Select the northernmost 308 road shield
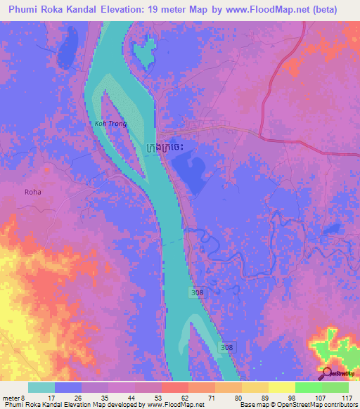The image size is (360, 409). click(x=198, y=291)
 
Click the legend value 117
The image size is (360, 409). click(x=347, y=397)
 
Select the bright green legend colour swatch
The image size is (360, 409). click(x=309, y=387)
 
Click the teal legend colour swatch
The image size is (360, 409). click(x=41, y=387)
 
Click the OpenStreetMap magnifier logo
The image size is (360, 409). click(x=327, y=374)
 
